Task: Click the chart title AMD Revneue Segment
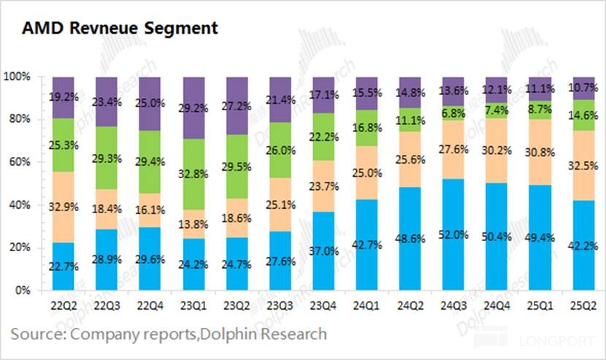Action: [x=120, y=28]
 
